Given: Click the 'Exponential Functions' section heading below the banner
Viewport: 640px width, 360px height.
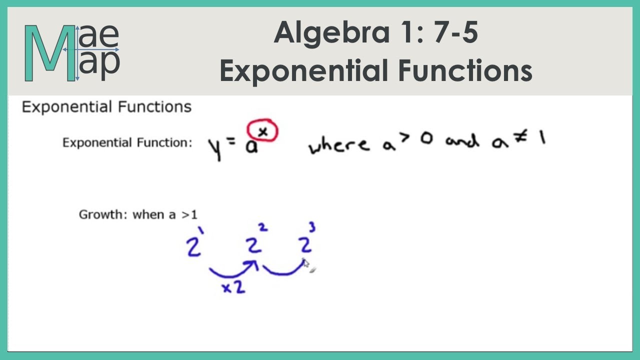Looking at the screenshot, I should (x=106, y=107).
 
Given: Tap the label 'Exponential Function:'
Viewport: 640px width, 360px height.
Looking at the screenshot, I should (x=127, y=143).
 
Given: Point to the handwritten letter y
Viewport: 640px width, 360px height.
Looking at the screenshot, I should (x=214, y=148).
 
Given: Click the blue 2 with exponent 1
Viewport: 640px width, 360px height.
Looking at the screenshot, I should (x=194, y=246).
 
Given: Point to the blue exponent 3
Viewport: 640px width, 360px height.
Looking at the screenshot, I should (x=312, y=228).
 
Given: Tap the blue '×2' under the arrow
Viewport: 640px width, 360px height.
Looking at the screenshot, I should (x=233, y=287).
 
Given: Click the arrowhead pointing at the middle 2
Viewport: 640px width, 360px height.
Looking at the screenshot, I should (x=254, y=264).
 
